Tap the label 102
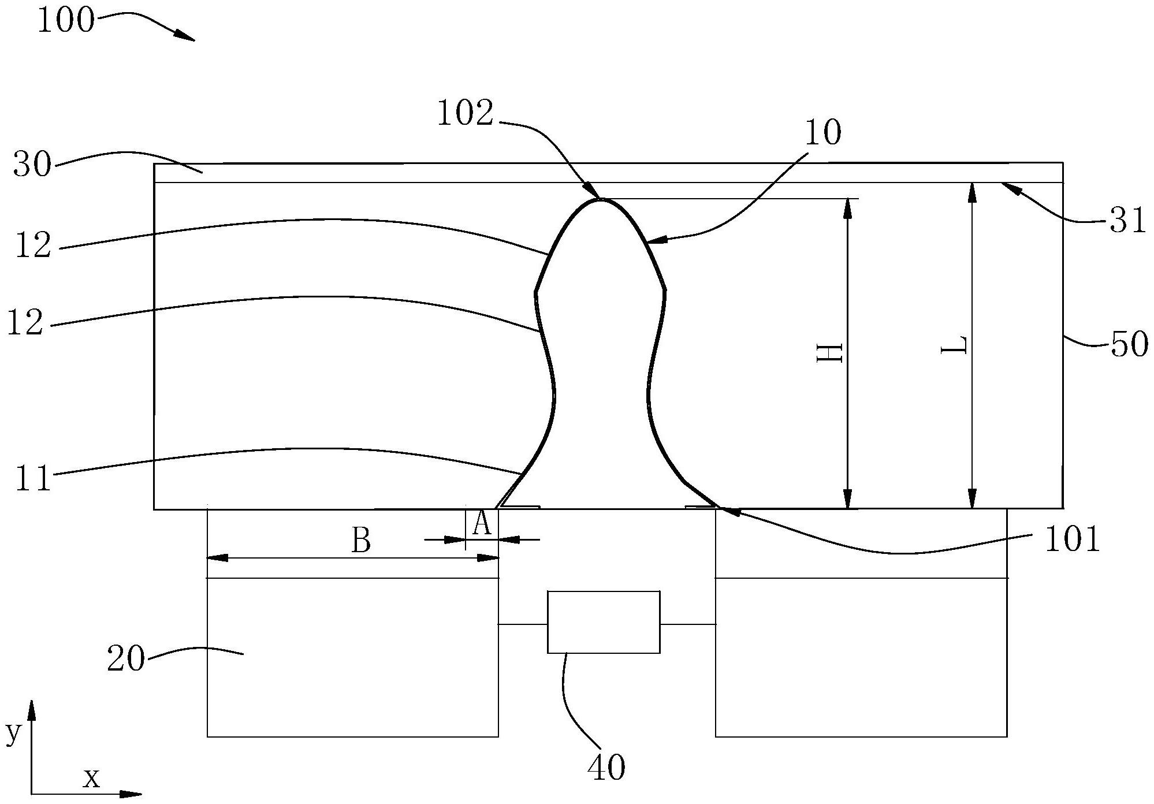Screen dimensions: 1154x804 point(466,113)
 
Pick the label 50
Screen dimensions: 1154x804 point(1130,345)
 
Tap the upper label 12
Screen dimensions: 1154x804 point(33,245)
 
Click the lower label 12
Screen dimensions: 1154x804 point(25,323)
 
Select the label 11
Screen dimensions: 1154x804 point(33,478)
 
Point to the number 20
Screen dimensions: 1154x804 point(125,658)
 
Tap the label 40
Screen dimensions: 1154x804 point(606,768)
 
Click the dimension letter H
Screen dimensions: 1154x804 point(830,352)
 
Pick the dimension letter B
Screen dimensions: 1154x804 point(361,541)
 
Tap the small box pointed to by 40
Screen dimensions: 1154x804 point(604,622)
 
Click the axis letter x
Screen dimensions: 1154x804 point(91,778)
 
